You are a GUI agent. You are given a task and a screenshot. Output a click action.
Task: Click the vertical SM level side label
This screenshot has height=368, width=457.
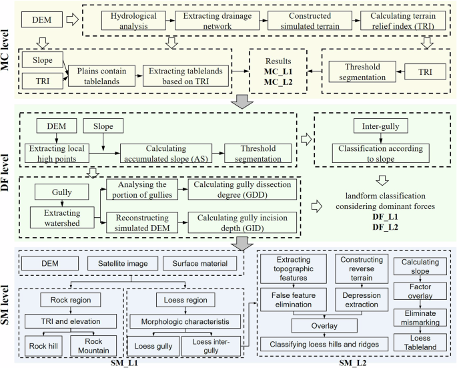9,305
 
